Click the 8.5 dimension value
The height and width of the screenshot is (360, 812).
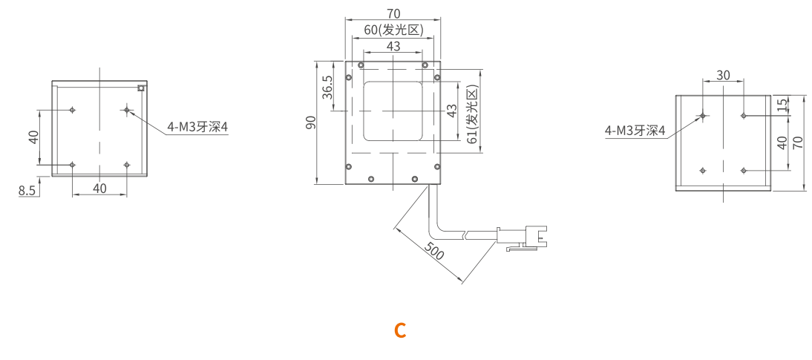point(27,191)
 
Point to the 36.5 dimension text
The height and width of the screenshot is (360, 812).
point(327,87)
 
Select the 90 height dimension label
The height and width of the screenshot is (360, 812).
point(310,122)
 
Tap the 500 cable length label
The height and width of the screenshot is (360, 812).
point(434,251)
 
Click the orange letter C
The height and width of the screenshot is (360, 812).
point(400,330)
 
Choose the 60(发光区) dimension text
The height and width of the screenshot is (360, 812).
point(393,30)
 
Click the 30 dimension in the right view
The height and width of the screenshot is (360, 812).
point(723,75)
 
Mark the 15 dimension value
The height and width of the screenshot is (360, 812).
point(782,105)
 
